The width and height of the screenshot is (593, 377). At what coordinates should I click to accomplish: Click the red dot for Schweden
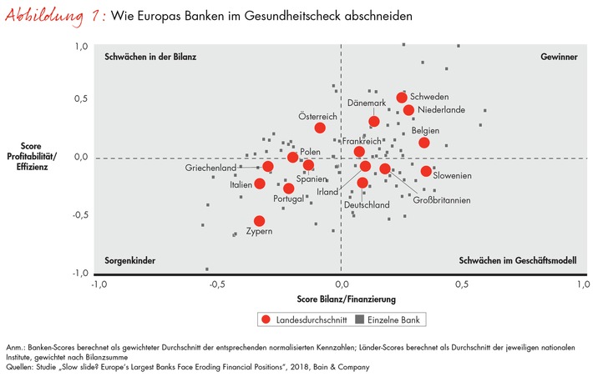pyautogui.click(x=402, y=98)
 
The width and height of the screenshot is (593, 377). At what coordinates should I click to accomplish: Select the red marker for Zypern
pyautogui.click(x=259, y=221)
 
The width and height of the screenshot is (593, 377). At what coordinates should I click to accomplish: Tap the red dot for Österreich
pyautogui.click(x=320, y=128)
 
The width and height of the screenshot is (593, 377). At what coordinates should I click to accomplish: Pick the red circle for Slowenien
pyautogui.click(x=426, y=171)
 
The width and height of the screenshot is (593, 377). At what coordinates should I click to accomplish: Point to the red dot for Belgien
pyautogui.click(x=424, y=143)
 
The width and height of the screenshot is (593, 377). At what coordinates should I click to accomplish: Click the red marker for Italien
pyautogui.click(x=260, y=183)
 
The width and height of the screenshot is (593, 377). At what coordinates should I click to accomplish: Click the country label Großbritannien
pyautogui.click(x=441, y=200)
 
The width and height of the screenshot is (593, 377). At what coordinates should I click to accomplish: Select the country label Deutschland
pyautogui.click(x=367, y=204)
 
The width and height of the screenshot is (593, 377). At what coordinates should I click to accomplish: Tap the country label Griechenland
pyautogui.click(x=211, y=168)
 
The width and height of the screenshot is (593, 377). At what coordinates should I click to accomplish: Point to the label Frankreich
pyautogui.click(x=362, y=142)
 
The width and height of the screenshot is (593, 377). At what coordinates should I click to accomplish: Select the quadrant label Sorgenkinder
pyautogui.click(x=130, y=261)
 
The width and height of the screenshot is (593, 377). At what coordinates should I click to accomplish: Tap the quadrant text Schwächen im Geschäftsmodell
pyautogui.click(x=518, y=261)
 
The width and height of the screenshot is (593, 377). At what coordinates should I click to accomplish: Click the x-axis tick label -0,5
pyautogui.click(x=218, y=284)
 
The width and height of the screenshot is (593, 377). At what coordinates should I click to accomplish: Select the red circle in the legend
pyautogui.click(x=266, y=319)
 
